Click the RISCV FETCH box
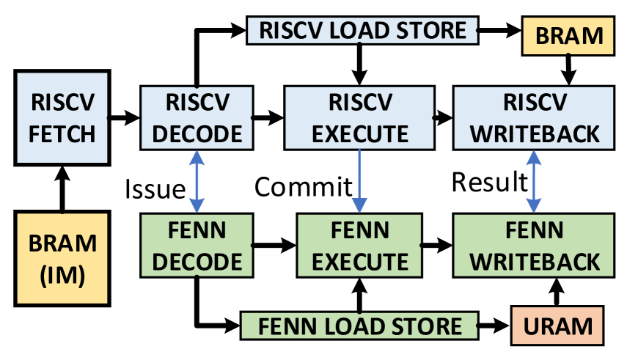(63, 117)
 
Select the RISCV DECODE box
(197, 117)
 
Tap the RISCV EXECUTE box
(359, 117)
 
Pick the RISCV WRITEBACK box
(534, 117)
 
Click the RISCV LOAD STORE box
(362, 30)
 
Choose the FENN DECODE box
(197, 246)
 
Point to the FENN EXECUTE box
(359, 246)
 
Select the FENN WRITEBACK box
(534, 246)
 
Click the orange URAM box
(557, 326)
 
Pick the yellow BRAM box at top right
(568, 36)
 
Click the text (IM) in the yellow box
(63, 276)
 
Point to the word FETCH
(63, 134)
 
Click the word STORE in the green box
(428, 326)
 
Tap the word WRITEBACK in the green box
(534, 261)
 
